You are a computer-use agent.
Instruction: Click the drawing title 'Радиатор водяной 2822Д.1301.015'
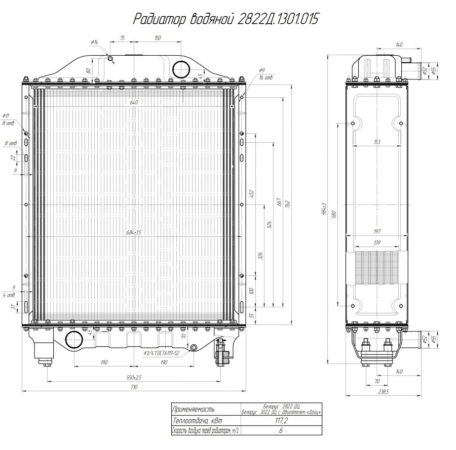(225, 19)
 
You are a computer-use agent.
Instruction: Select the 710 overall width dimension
(134, 387)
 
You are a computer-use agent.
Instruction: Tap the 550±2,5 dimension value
(134, 377)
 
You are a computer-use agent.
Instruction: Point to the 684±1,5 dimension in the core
(134, 232)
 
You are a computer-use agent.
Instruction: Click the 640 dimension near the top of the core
(134, 103)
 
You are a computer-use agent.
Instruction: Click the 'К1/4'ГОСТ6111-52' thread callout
(162, 353)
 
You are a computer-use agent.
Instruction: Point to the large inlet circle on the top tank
(181, 69)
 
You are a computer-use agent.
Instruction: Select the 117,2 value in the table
(281, 420)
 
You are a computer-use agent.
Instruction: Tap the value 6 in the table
(281, 431)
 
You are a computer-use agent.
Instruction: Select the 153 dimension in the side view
(376, 142)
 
